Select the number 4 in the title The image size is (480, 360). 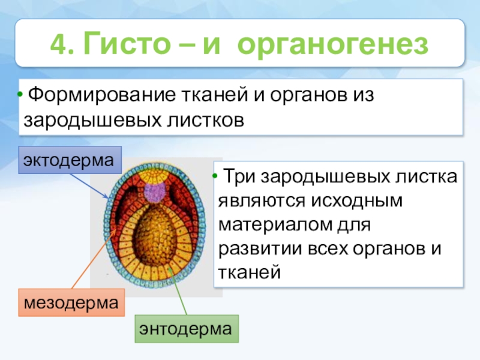[58, 43]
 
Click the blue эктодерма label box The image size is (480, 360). [68, 160]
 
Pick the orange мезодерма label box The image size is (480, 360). [70, 304]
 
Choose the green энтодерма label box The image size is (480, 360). [185, 328]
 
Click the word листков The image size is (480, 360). [204, 119]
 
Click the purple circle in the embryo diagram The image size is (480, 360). [157, 192]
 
